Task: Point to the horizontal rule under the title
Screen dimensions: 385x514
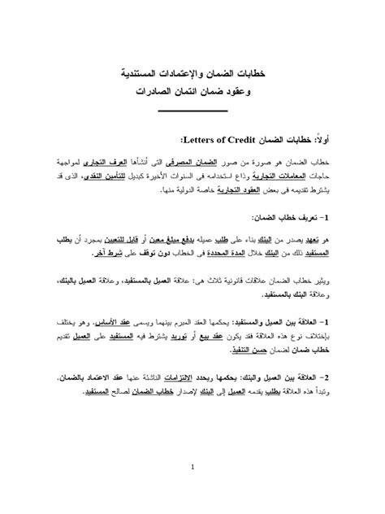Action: click(192, 110)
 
